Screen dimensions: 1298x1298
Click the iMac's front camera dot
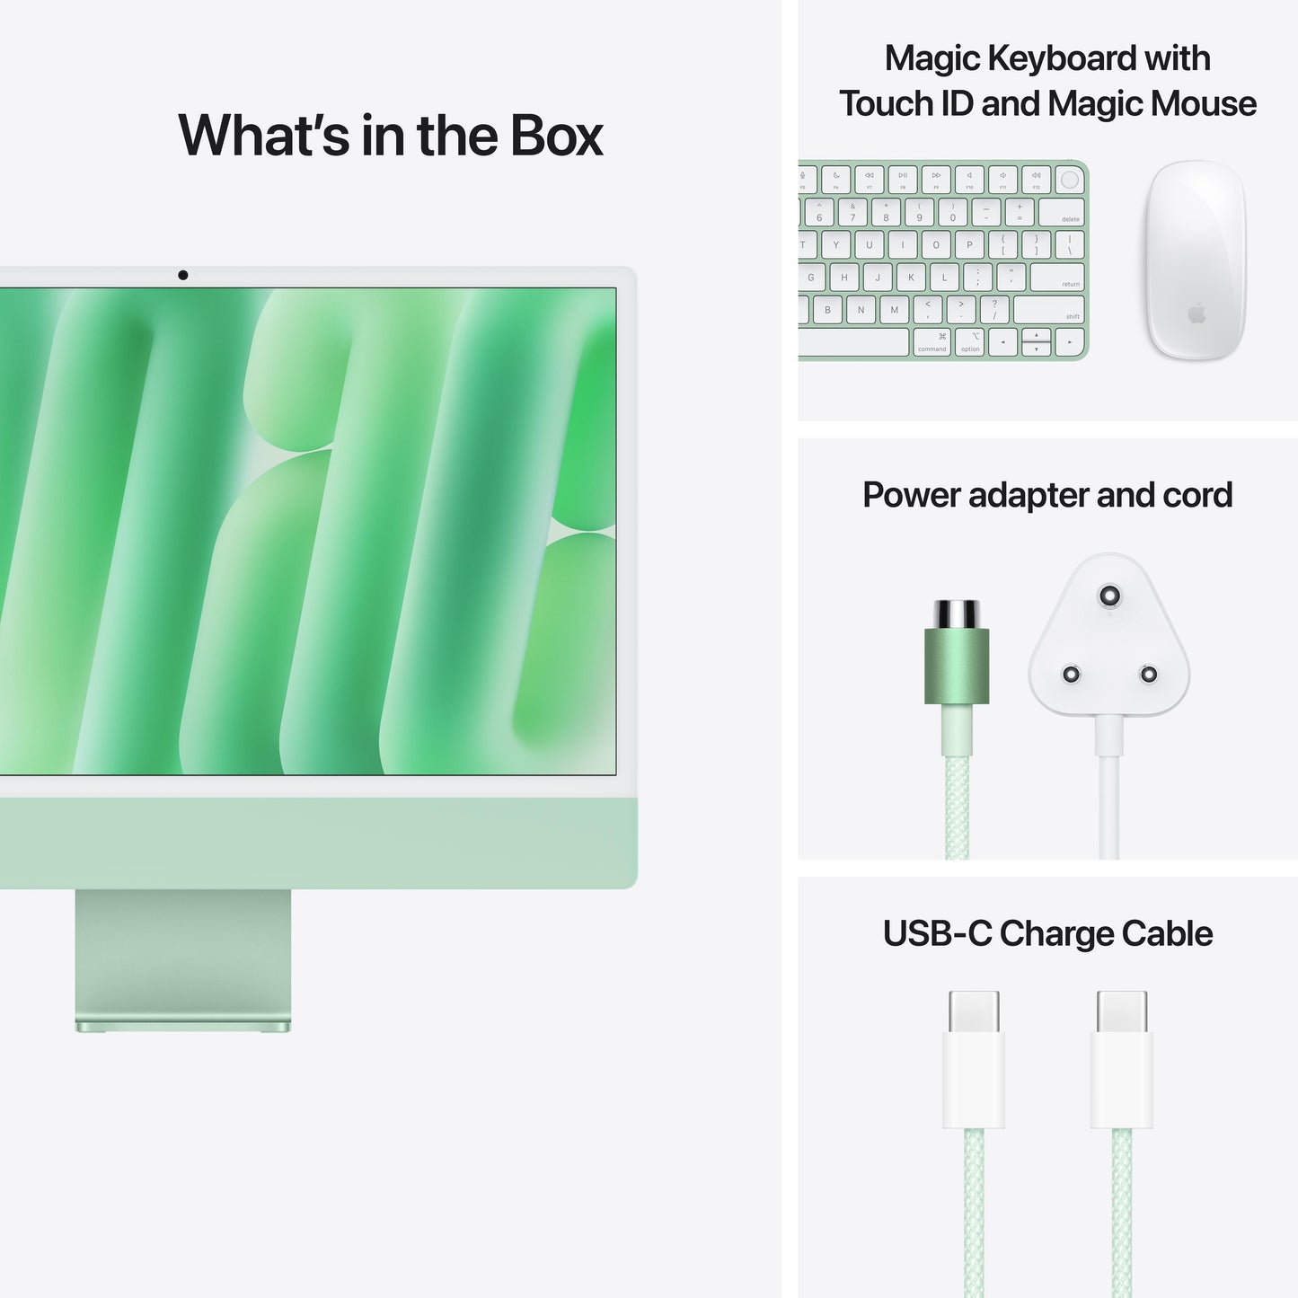(x=183, y=275)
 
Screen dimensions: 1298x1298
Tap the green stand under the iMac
(x=183, y=958)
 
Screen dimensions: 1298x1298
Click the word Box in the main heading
(x=557, y=136)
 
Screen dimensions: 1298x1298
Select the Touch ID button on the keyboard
(x=1069, y=180)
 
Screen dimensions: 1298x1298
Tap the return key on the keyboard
(x=1057, y=277)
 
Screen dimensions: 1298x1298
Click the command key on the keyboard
(x=932, y=342)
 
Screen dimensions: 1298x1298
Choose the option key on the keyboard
(x=970, y=342)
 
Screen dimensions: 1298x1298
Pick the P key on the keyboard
(x=969, y=244)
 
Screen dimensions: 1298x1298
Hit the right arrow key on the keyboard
(x=1069, y=342)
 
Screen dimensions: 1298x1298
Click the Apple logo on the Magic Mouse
(x=1196, y=313)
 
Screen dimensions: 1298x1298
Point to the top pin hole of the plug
(x=1110, y=596)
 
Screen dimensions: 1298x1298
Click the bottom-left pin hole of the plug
(x=1071, y=674)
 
